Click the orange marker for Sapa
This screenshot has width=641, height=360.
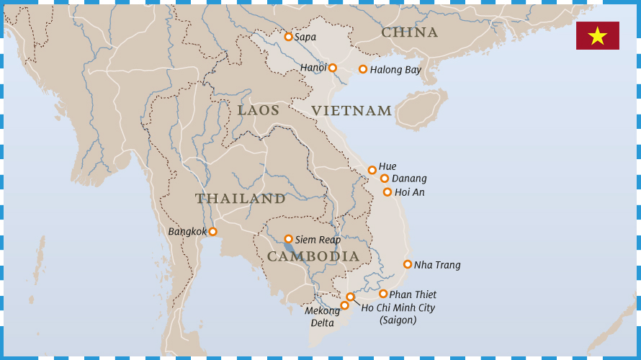[288, 37]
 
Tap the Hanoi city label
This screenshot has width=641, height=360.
[313, 68]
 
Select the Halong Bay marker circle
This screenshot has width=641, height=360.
[363, 69]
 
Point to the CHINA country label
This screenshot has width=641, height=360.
[409, 32]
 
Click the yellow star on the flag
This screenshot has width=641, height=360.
[597, 36]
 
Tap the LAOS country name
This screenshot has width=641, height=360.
[259, 110]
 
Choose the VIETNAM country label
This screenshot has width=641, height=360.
[351, 111]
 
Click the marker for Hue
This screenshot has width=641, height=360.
[372, 171]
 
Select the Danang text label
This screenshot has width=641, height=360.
[409, 179]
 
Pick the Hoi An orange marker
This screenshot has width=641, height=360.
[387, 192]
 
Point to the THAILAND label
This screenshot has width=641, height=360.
[240, 199]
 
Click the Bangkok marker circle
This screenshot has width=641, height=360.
[212, 232]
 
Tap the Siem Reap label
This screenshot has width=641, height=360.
[318, 240]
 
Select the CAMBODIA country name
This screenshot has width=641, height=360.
[313, 256]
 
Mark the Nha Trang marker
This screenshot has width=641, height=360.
[408, 264]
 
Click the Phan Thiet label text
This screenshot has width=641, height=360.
[413, 294]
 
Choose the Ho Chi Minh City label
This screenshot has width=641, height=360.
[398, 307]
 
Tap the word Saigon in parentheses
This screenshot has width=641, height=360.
[398, 320]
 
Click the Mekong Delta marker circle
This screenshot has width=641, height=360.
[344, 305]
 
